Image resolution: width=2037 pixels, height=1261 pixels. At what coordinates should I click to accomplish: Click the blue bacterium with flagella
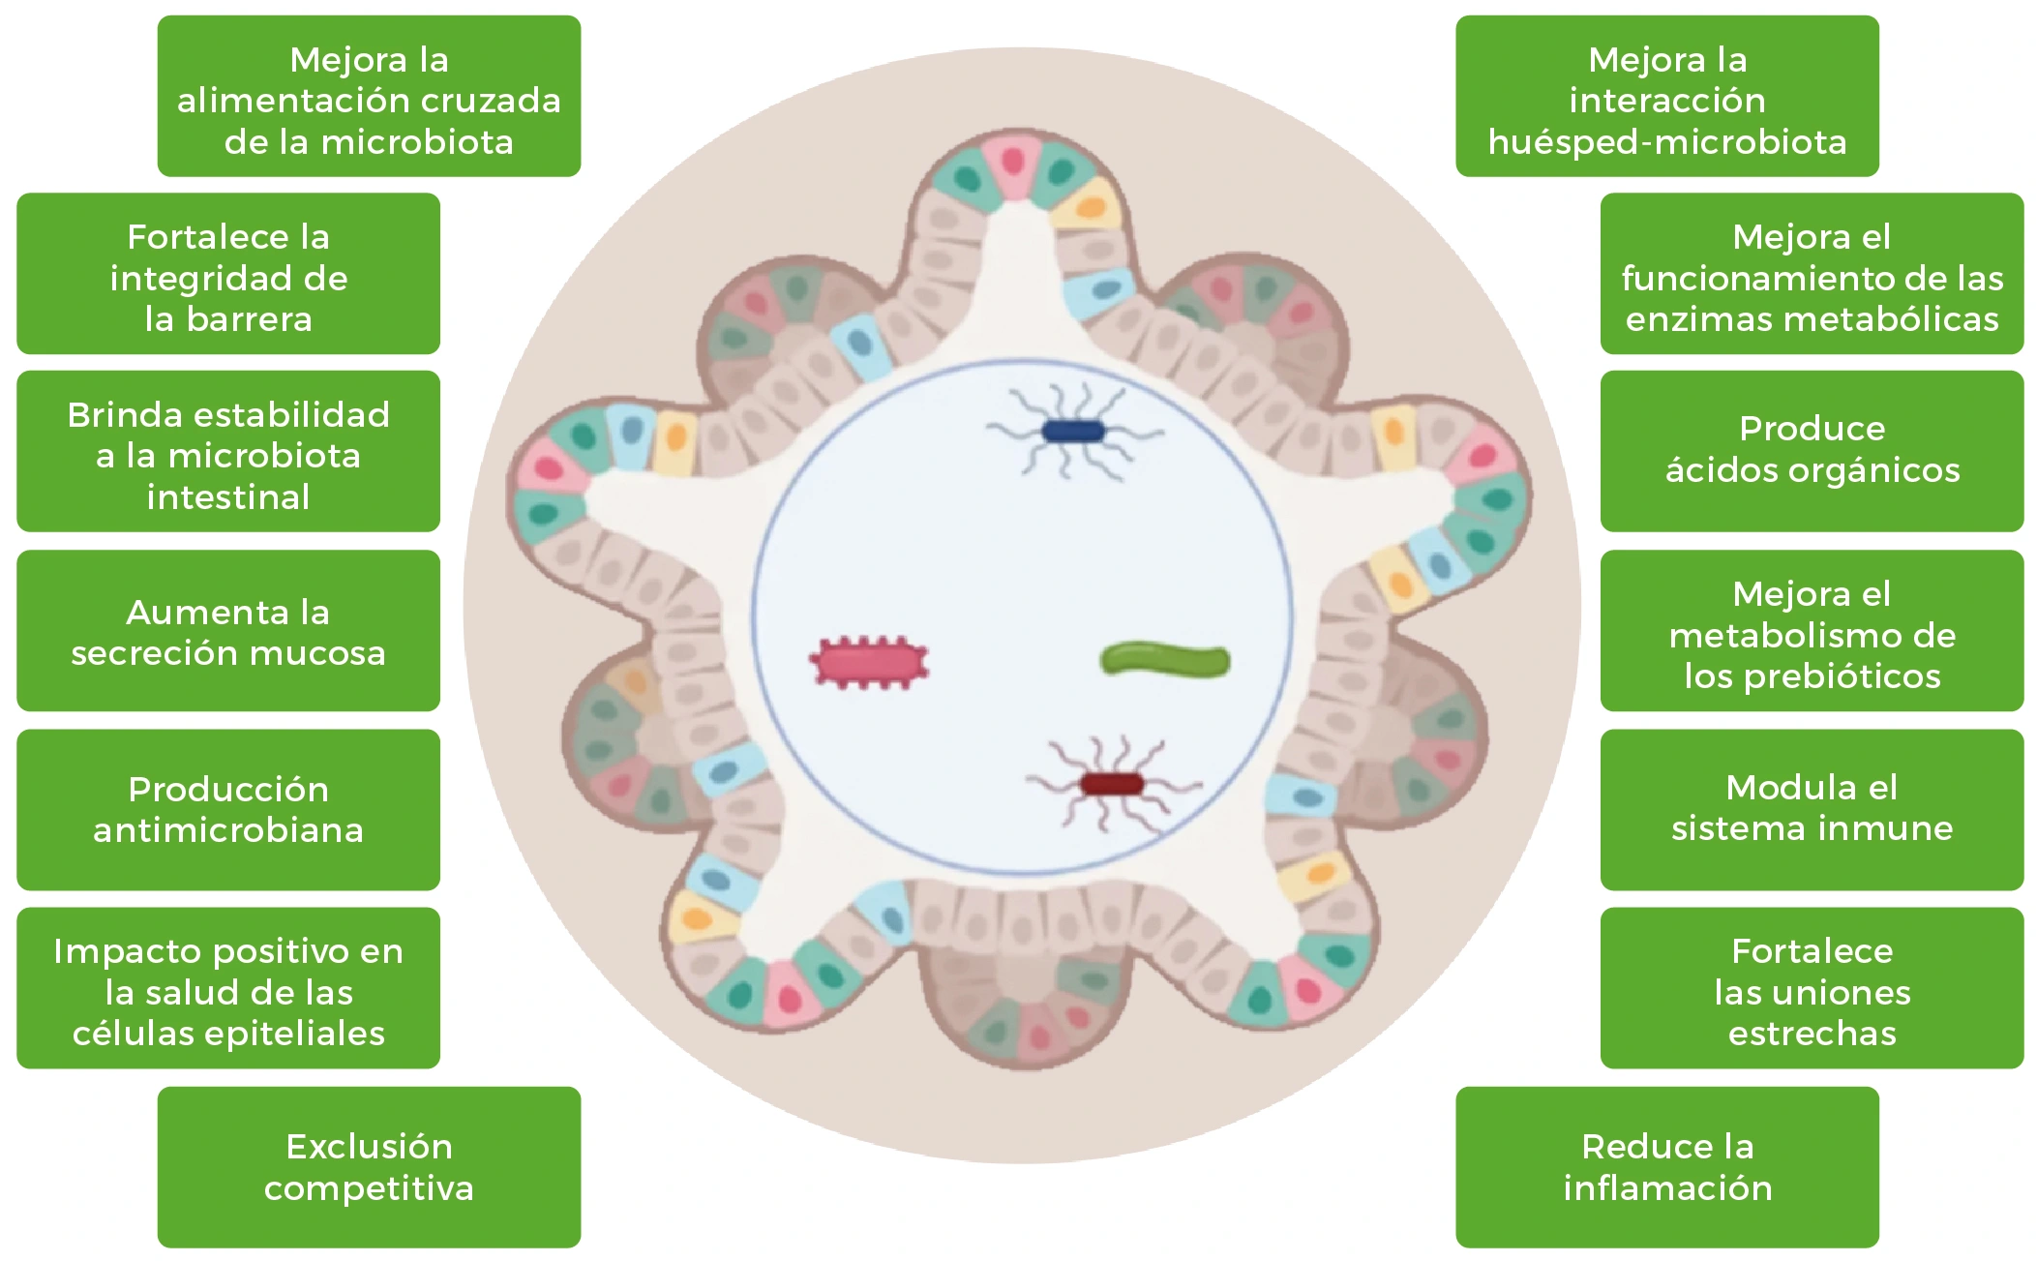1072,432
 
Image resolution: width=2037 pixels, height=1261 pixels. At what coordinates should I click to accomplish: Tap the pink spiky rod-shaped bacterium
869,663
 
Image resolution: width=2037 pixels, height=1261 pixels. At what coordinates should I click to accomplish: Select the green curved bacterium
1165,660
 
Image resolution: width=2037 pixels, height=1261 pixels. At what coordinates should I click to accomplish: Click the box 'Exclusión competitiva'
369,1166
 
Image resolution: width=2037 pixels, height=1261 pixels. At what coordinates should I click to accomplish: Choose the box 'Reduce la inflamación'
1666,1166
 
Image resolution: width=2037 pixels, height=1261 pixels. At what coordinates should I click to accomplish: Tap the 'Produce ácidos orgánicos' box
1812,450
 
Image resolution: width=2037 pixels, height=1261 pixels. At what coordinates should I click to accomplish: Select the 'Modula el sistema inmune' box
1812,809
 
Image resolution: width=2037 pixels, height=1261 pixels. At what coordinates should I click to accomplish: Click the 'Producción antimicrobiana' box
228,809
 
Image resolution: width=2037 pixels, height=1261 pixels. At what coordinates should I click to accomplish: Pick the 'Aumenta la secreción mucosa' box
228,631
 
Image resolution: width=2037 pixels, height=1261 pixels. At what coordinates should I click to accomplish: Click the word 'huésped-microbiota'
1666,142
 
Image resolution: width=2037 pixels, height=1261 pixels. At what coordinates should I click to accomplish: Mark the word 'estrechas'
1812,1034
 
